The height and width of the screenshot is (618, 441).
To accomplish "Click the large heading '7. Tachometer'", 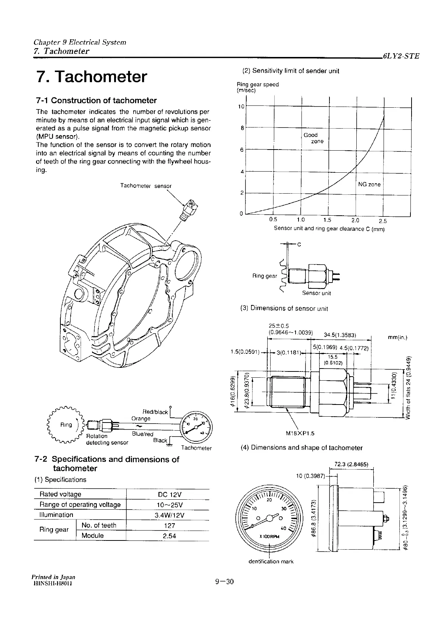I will (92, 77).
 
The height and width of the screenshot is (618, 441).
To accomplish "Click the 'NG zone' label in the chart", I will (369, 184).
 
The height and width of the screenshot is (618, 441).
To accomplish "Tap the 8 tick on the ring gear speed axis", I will (242, 128).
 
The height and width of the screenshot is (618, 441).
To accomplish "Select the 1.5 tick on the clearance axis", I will (327, 220).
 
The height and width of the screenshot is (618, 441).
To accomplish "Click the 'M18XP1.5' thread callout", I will (300, 433).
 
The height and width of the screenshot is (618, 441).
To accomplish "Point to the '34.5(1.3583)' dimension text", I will (339, 335).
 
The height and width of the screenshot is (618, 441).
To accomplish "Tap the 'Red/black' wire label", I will (155, 412).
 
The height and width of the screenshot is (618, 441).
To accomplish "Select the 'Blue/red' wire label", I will (142, 434).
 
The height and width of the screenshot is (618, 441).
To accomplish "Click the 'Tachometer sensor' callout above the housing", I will (146, 186).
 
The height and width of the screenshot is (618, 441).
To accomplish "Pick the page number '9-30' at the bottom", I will (225, 582).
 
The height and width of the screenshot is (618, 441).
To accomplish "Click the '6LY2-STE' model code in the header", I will (401, 57).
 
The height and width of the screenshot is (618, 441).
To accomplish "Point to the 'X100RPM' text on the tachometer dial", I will (269, 536).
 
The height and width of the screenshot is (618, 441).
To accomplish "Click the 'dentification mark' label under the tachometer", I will (271, 561).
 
